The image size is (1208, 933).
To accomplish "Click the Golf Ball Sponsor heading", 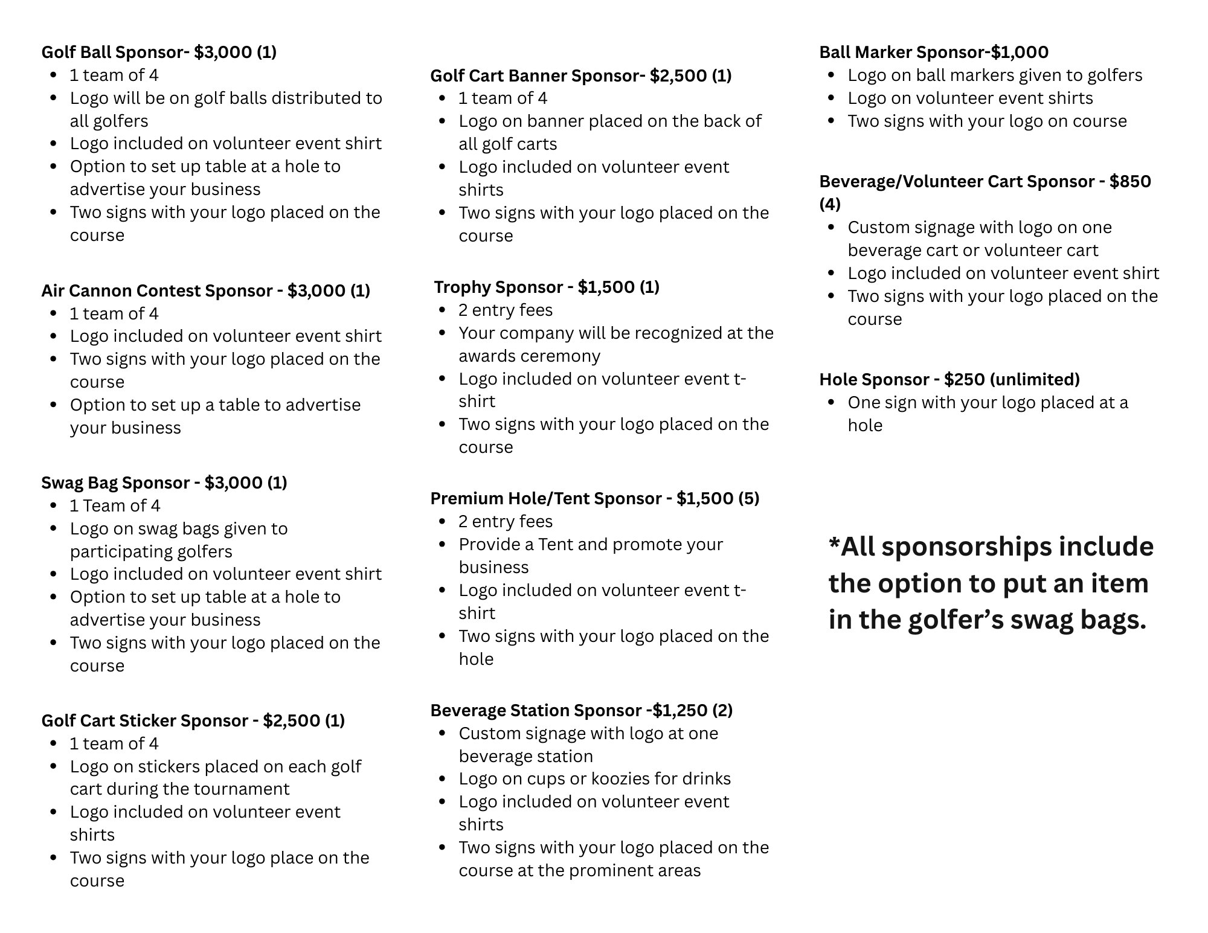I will click(158, 53).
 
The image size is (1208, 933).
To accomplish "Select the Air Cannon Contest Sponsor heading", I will click(205, 291).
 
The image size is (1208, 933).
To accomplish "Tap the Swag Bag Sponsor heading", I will click(164, 483).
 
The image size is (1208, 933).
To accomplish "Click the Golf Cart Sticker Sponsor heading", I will click(193, 721).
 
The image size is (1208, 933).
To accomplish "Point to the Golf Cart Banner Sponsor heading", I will click(580, 76).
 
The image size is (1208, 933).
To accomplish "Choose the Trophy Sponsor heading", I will click(546, 287).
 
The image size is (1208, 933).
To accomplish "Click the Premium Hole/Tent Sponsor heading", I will click(594, 499).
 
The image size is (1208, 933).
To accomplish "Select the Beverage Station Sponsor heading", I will click(581, 711).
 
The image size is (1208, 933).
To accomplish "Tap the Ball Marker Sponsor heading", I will click(933, 53).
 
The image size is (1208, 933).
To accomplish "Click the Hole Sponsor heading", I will click(949, 380).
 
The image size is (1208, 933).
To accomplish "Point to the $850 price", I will click(1130, 182).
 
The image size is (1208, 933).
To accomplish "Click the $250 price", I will click(964, 380).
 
